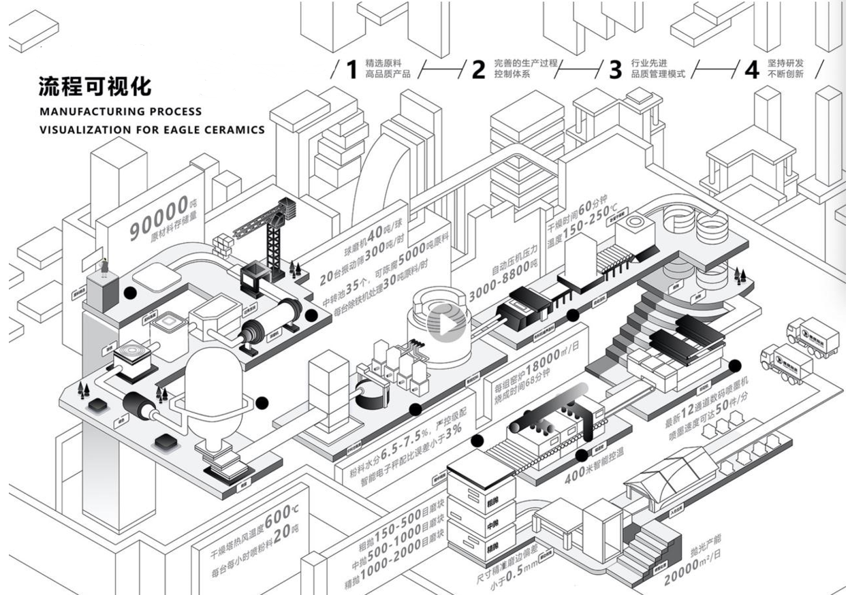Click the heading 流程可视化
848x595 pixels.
coord(95,86)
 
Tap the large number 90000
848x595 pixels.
coord(158,217)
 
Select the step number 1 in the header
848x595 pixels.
coord(351,69)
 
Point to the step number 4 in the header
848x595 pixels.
coord(751,69)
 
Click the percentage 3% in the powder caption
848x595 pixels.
coord(454,430)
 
